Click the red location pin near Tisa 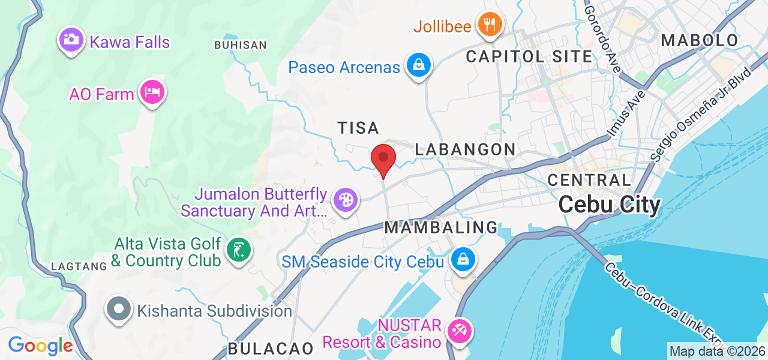point(383,159)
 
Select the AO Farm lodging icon point(152,93)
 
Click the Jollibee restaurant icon point(490,25)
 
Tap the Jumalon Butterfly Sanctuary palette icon point(346,200)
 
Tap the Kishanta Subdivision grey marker point(119,310)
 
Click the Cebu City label point(609,205)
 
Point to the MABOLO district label point(699,41)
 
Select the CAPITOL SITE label point(529,57)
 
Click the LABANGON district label point(465,149)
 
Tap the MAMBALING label point(441,228)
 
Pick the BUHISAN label point(240,45)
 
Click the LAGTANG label point(79,266)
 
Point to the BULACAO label point(270,349)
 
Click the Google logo point(40,346)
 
